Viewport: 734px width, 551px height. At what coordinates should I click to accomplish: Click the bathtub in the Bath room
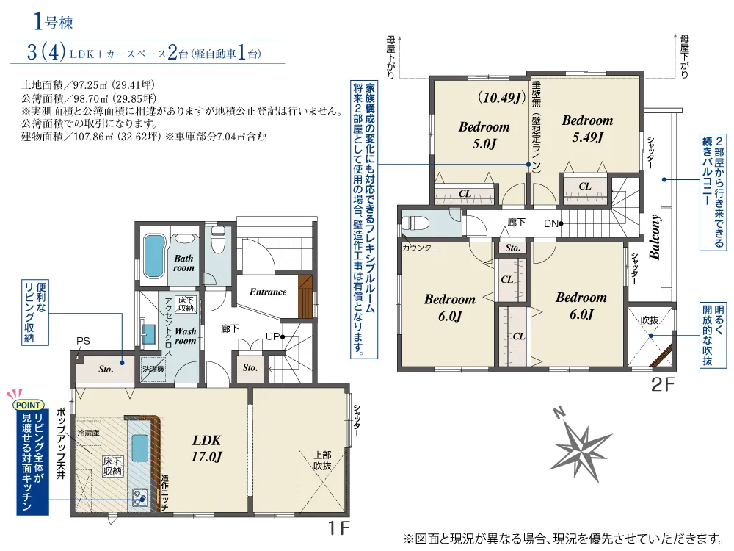pyautogui.click(x=154, y=256)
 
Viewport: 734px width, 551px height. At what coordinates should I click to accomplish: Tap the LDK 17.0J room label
pyautogui.click(x=206, y=448)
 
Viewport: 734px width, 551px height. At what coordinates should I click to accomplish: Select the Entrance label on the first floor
pyautogui.click(x=268, y=292)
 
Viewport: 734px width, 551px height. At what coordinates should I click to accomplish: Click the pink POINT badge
pyautogui.click(x=28, y=405)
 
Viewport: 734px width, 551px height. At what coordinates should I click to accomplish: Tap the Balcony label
pyautogui.click(x=655, y=237)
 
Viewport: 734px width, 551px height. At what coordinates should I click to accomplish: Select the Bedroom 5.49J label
pyautogui.click(x=587, y=129)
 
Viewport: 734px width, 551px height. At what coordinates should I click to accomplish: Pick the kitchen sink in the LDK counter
pyautogui.click(x=140, y=448)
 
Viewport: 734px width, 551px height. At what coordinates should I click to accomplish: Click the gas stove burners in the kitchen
pyautogui.click(x=140, y=497)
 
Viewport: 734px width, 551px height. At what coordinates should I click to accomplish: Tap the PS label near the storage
pyautogui.click(x=84, y=341)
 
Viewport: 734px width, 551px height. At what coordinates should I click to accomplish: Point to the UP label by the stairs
pyautogui.click(x=272, y=336)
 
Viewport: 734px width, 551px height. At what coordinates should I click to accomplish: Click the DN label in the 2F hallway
pyautogui.click(x=551, y=224)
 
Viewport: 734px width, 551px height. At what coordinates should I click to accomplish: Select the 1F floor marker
pyautogui.click(x=338, y=528)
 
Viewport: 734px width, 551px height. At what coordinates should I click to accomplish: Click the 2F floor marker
pyautogui.click(x=663, y=385)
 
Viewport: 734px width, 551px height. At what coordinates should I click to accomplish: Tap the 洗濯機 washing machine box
pyautogui.click(x=153, y=370)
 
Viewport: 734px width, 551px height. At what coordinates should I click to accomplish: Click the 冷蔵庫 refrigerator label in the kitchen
pyautogui.click(x=89, y=433)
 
